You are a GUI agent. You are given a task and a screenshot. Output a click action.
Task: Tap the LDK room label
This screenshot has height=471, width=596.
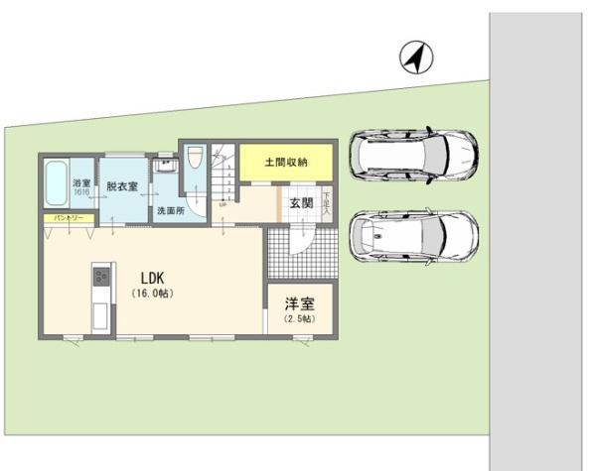tap(152, 278)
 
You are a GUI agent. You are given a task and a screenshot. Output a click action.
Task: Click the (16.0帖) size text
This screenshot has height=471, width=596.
tap(152, 294)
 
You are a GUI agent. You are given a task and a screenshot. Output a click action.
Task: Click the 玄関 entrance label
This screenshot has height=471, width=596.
tap(302, 203)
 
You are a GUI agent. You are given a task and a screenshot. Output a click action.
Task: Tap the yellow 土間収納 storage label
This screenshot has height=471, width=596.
tap(285, 162)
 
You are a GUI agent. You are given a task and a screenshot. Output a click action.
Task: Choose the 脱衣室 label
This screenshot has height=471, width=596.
tap(121, 185)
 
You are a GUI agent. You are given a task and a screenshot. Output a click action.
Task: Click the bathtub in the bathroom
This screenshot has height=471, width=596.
tap(59, 184)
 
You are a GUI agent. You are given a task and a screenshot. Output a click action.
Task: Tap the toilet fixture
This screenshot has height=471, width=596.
tap(195, 159)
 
